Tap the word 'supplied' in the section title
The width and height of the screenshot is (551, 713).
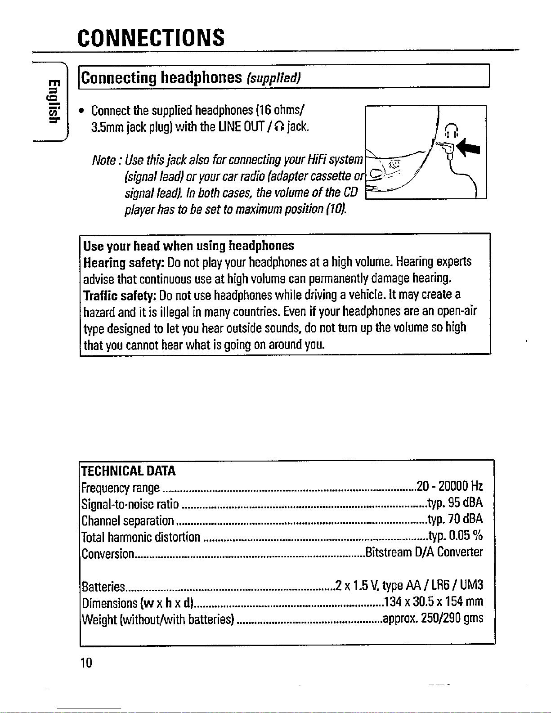pos(273,78)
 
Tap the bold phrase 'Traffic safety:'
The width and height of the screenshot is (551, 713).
pos(120,295)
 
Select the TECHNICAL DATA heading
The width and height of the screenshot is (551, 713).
pos(128,471)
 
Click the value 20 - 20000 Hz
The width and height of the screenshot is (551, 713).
pos(449,487)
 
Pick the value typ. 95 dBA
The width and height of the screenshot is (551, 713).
pos(454,503)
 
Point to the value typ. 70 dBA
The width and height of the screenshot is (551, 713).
pos(454,520)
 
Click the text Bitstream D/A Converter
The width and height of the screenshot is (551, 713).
pos(424,552)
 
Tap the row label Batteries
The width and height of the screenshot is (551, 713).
pos(103,587)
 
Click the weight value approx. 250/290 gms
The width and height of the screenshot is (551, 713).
pos(432,619)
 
